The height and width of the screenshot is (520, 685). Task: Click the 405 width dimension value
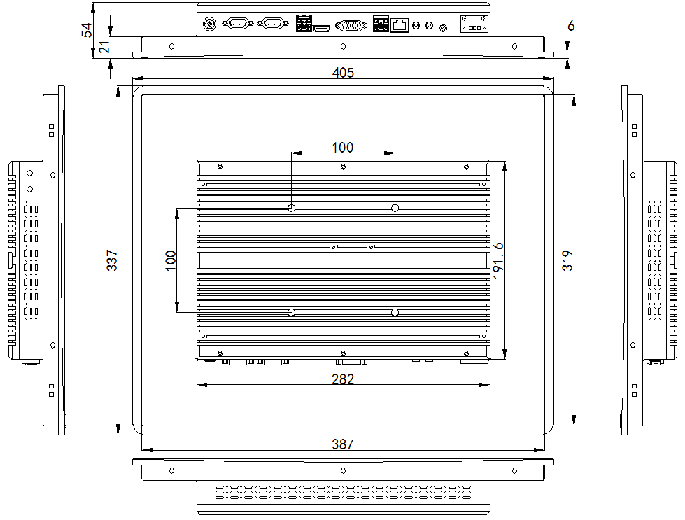click(343, 73)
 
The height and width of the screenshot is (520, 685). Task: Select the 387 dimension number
click(343, 444)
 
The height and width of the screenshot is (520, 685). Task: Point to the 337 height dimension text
click(112, 260)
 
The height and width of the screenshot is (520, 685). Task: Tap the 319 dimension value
click(567, 260)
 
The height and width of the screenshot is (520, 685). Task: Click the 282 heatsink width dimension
click(343, 379)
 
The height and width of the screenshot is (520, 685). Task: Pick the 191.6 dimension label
click(498, 260)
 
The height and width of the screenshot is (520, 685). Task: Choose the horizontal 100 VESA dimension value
click(343, 147)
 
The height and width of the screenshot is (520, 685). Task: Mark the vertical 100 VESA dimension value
click(171, 260)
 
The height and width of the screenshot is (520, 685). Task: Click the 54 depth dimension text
click(87, 30)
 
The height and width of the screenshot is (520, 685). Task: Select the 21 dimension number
click(105, 47)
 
